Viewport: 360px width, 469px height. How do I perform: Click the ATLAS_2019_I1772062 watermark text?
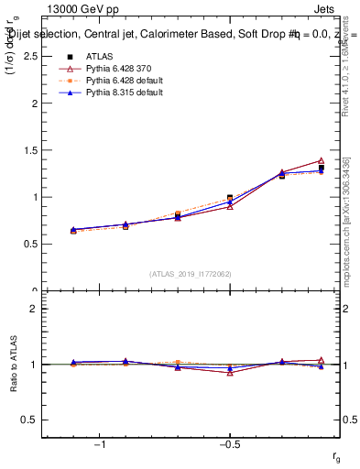tap(191, 274)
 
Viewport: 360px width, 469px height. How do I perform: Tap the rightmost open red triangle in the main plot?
tap(321, 161)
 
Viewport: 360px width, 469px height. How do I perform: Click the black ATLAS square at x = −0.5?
tap(230, 198)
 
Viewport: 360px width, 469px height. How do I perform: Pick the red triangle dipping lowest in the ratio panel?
tap(230, 373)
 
